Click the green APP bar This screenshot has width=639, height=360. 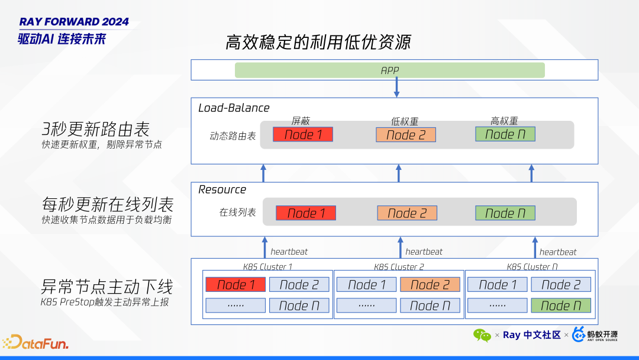click(389, 70)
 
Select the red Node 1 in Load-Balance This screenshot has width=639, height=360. click(303, 134)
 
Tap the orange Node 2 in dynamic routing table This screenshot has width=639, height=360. click(405, 135)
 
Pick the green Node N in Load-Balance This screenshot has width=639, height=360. click(505, 134)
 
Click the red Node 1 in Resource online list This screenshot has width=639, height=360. click(306, 213)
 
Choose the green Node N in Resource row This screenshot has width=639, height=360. click(505, 213)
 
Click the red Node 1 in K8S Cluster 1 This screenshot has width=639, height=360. click(235, 285)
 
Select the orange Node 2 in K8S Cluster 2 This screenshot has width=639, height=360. click(430, 285)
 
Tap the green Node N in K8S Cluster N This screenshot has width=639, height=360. click(560, 306)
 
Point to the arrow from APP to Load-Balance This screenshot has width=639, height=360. click(396, 88)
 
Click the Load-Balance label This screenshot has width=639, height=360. click(234, 108)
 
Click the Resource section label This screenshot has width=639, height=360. click(222, 189)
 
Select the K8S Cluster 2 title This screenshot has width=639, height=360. click(399, 267)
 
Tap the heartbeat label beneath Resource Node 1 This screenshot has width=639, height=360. click(289, 252)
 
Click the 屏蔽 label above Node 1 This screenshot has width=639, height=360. click(301, 121)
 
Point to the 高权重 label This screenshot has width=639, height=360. click(504, 121)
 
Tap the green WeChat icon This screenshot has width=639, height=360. click(482, 335)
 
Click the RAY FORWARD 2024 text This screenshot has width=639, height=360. click(74, 22)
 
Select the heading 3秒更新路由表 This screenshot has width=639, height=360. click(95, 129)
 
